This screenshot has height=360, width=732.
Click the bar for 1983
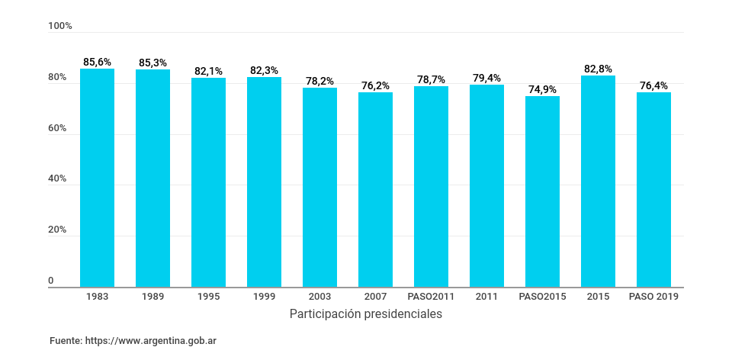pos(97,178)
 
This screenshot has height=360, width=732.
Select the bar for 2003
pos(319,188)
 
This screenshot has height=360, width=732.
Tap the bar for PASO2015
pos(542,191)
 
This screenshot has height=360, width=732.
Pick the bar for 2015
pos(598,182)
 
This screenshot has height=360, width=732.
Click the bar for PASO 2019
pos(653,190)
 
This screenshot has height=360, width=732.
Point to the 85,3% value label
pos(152,63)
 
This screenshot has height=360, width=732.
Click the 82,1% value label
pos(208,71)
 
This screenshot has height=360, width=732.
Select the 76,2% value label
pos(375,85)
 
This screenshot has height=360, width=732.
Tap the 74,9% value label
pos(542,89)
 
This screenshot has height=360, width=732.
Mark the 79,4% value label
pos(486,78)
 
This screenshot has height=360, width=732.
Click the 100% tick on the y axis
pos(60,26)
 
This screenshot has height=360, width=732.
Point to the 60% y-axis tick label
pos(58,129)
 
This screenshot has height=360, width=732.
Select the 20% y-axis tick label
pos(58,230)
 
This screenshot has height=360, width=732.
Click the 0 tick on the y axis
pos(52,281)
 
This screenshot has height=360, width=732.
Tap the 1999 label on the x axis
pos(264,297)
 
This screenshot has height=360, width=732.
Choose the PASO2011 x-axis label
pos(431,297)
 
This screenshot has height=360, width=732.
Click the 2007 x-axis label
pos(375,297)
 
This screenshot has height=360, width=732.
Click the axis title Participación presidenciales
pos(366,314)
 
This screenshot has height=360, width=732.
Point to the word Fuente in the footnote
pos(65,341)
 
